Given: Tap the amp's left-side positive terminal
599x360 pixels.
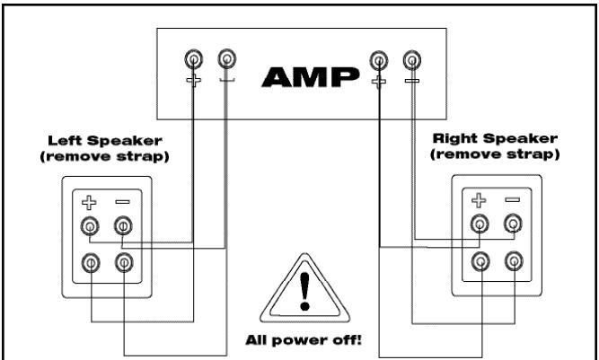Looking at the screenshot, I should click(x=193, y=60).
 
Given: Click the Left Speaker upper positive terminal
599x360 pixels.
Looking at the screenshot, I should click(x=92, y=226).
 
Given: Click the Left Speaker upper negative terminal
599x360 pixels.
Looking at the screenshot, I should click(x=123, y=226).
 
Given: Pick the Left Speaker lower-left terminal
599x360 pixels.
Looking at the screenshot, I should click(x=92, y=262).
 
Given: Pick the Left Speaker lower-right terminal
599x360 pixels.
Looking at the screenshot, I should click(x=123, y=262).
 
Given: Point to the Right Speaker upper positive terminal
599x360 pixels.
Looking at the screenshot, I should click(x=481, y=224).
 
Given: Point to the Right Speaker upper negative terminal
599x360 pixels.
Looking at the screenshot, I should click(x=513, y=224).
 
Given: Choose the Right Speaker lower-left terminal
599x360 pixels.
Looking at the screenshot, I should click(x=481, y=261).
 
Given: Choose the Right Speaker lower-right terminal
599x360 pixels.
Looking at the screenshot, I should click(x=513, y=261).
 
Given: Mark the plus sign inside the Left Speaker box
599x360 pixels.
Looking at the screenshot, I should click(x=92, y=202).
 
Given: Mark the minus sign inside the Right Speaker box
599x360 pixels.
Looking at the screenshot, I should click(x=513, y=200).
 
